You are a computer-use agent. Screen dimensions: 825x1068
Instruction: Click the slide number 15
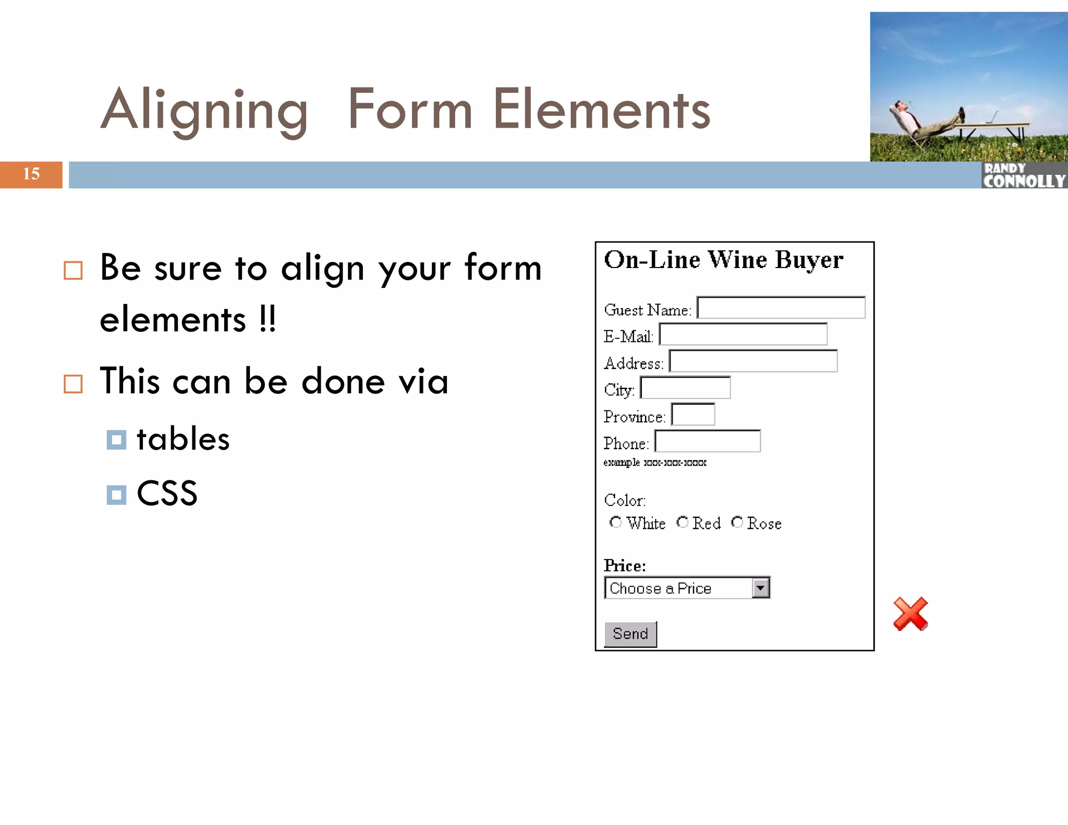31,174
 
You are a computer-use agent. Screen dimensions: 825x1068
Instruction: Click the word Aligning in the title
204,111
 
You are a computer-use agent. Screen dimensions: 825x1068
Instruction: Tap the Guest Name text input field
781,308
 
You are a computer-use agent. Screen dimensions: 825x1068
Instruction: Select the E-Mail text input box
743,334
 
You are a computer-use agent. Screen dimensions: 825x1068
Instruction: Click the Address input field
753,361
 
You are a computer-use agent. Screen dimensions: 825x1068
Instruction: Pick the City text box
685,388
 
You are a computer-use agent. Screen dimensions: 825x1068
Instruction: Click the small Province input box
693,415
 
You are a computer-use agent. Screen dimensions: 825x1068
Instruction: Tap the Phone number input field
708,441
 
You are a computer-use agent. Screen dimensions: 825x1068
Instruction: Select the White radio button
615,522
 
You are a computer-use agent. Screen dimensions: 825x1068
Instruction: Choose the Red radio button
682,522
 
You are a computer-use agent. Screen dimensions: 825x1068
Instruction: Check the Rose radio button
737,522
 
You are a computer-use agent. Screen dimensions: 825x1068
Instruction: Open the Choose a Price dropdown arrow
761,588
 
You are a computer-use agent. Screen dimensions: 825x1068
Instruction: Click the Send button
630,634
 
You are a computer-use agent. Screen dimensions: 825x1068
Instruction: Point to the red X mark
911,614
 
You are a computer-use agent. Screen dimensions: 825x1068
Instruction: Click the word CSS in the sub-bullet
167,493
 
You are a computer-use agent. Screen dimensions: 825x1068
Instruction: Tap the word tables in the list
183,439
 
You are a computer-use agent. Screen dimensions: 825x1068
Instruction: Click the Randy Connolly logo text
1024,176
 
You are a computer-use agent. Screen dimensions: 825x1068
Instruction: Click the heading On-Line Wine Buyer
723,260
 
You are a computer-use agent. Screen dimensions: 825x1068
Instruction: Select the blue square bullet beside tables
116,440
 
